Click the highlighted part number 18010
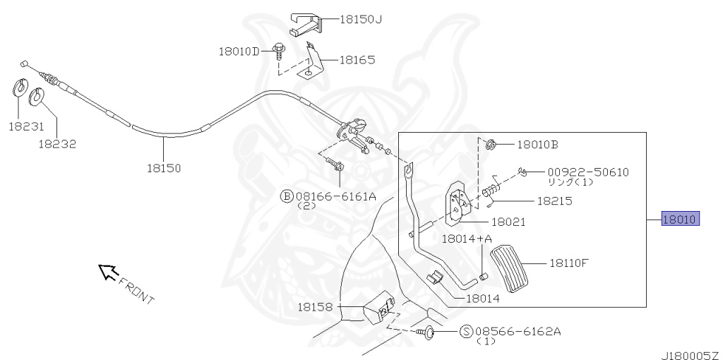coord(680,220)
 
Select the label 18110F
coord(568,263)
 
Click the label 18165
coord(357,60)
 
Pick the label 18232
coord(57,143)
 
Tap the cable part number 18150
coord(164,168)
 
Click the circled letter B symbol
coord(287,196)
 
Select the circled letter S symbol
coord(466,331)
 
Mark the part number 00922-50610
coord(587,172)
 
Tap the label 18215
coord(554,200)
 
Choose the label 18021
coord(508,222)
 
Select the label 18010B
coord(537,145)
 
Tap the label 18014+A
coord(467,239)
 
